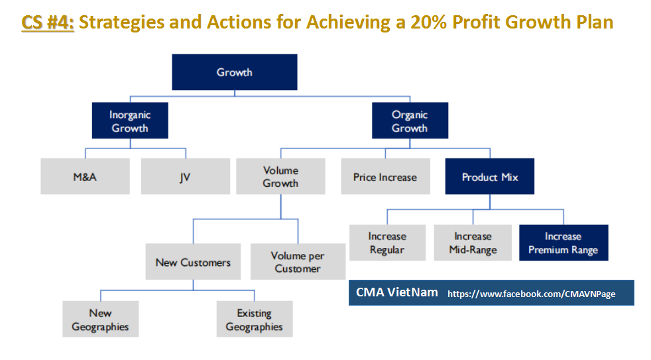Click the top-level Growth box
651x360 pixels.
click(235, 72)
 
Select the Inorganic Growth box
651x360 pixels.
click(129, 121)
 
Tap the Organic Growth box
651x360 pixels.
click(409, 121)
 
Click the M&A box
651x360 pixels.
click(85, 177)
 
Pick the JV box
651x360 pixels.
click(185, 177)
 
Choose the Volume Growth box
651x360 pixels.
click(280, 176)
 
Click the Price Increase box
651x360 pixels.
click(385, 177)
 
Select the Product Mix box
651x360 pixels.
click(489, 177)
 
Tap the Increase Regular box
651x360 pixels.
click(387, 243)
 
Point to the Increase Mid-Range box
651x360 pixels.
click(473, 243)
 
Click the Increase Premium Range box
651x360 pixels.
click(563, 243)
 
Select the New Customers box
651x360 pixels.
click(193, 262)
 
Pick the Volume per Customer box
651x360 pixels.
click(298, 262)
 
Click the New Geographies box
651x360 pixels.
click(100, 320)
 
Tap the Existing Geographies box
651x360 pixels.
click(254, 320)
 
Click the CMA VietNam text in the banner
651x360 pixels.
click(396, 292)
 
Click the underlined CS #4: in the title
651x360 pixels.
click(48, 23)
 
